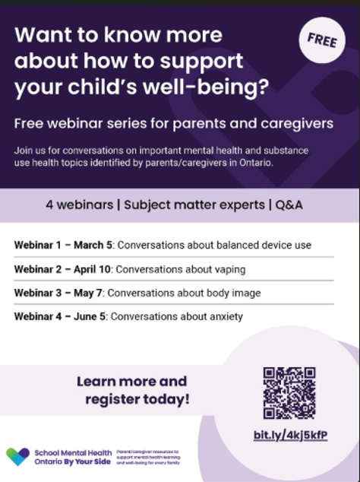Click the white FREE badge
321,40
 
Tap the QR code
289,392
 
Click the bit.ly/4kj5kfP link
290,435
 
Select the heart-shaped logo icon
17,456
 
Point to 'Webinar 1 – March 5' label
64,246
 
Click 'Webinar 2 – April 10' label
64,269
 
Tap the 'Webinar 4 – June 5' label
62,316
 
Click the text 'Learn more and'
131,381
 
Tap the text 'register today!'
137,398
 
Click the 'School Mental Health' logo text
73,452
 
